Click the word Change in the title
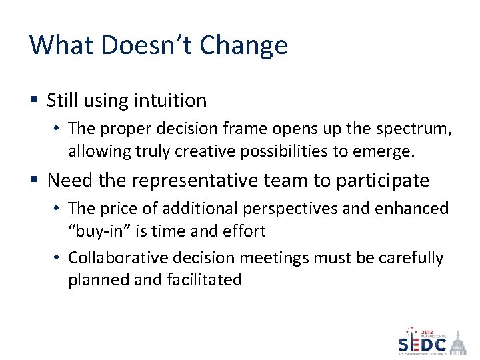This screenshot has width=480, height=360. (x=244, y=45)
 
